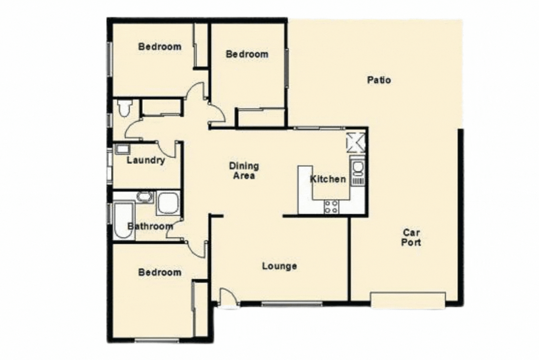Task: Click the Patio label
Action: (379, 80)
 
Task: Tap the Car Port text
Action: (411, 237)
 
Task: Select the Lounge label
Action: (279, 266)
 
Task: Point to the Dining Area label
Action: (244, 171)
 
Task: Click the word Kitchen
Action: (328, 179)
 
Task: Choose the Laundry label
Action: (146, 160)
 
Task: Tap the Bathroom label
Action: (150, 226)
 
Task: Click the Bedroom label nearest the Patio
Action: (247, 54)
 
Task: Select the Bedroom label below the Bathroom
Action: (160, 272)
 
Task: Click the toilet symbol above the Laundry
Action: (124, 107)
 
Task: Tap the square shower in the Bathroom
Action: (168, 203)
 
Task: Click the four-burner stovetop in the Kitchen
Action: (331, 206)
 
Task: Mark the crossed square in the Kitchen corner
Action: (355, 142)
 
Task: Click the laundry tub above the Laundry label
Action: (122, 149)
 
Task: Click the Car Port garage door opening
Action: (408, 300)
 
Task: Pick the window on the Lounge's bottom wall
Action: (290, 304)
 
